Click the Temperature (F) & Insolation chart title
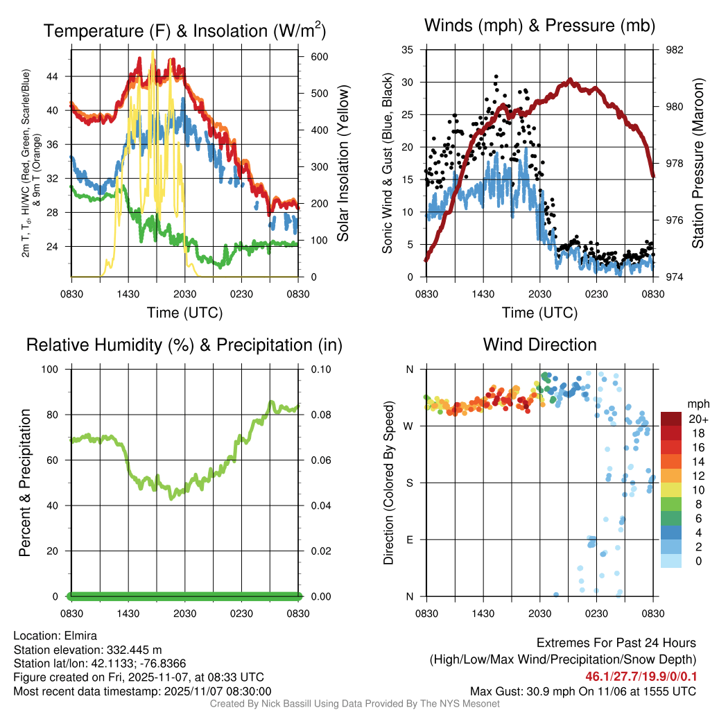pyautogui.click(x=184, y=31)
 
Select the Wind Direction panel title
pyautogui.click(x=539, y=345)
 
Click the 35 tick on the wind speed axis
pyautogui.click(x=408, y=50)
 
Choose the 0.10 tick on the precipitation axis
pyautogui.click(x=320, y=370)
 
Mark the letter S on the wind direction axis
pyautogui.click(x=410, y=483)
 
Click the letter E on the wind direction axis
pyautogui.click(x=410, y=539)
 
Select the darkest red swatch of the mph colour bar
pyautogui.click(x=671, y=419)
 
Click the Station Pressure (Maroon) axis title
pyautogui.click(x=698, y=163)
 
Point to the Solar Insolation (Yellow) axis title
pyautogui.click(x=343, y=163)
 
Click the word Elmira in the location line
pyautogui.click(x=78, y=636)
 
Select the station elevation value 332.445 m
pyautogui.click(x=134, y=650)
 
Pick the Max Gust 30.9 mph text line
pyautogui.click(x=582, y=691)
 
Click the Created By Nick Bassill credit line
pyautogui.click(x=354, y=704)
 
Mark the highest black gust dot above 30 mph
pyautogui.click(x=496, y=77)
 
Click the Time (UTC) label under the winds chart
pyautogui.click(x=539, y=313)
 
